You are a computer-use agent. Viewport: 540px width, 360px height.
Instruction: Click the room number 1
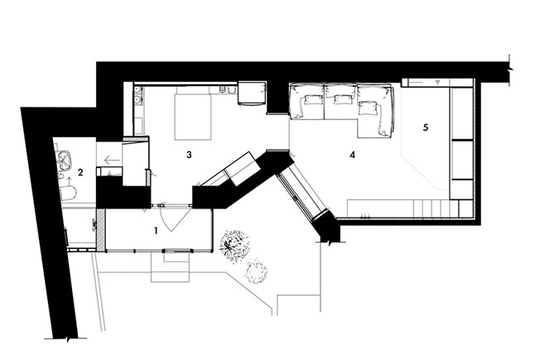tap(156, 231)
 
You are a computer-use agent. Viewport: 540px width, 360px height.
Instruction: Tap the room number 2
tap(80, 172)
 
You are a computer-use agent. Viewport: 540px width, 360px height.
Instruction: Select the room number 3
tap(189, 155)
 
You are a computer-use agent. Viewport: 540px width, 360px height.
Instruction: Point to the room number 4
tap(352, 156)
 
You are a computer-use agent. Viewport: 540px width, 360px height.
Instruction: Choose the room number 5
tap(426, 127)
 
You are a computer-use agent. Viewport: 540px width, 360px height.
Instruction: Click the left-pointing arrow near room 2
tap(112, 160)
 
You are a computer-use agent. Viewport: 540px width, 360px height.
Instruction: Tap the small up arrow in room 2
tap(69, 180)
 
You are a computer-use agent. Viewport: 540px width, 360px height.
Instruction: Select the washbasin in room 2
tap(65, 160)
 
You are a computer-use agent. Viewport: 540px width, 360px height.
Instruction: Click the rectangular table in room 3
tap(193, 117)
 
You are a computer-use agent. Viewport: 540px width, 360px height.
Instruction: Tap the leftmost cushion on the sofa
tap(311, 100)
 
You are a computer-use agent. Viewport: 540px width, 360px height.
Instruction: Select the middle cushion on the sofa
tap(341, 99)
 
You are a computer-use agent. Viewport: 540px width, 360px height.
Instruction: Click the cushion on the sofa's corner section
tap(368, 108)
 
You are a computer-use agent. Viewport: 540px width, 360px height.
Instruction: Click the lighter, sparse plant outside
tap(256, 271)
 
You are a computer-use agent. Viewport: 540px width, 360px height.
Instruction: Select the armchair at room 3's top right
tap(252, 93)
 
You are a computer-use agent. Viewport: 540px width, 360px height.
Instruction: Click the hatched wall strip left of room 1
tap(100, 229)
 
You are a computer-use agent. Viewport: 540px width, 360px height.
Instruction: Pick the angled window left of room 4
tap(302, 196)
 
